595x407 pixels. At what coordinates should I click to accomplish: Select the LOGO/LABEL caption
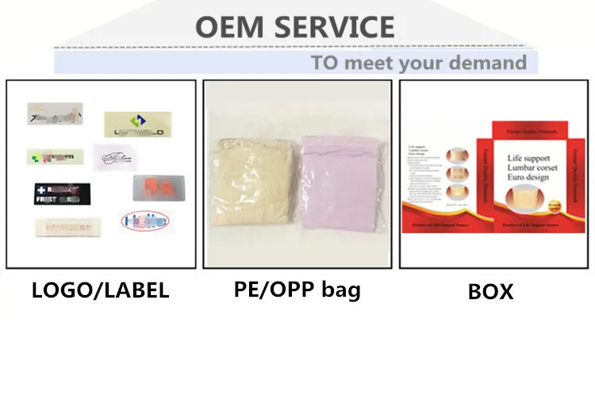click(100, 290)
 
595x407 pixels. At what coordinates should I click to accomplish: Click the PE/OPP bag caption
click(297, 289)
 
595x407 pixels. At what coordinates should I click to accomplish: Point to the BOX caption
click(490, 291)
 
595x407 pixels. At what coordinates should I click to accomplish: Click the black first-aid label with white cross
click(62, 194)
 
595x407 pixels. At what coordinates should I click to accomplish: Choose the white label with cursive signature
click(119, 157)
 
